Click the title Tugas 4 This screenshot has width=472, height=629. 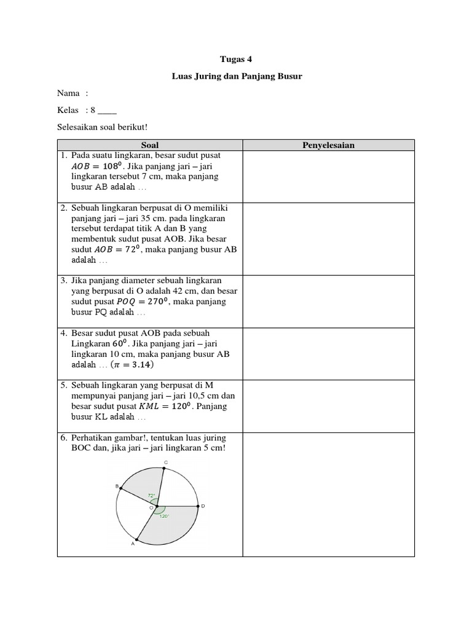(x=236, y=60)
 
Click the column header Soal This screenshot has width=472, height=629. (x=150, y=146)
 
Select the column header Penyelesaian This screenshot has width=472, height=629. (x=328, y=146)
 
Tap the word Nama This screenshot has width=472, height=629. (x=68, y=93)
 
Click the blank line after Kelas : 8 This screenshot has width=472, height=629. (x=107, y=111)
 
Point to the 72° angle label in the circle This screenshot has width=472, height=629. (x=151, y=495)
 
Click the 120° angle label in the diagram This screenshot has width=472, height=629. (x=164, y=517)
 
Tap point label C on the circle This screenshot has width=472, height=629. (x=165, y=462)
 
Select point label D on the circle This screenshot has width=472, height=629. (x=203, y=506)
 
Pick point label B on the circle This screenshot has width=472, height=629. (x=116, y=486)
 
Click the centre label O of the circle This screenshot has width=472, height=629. (x=151, y=508)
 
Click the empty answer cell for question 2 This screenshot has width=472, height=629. (x=328, y=239)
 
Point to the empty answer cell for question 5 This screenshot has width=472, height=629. (x=328, y=406)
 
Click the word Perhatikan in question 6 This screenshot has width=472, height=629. (x=93, y=438)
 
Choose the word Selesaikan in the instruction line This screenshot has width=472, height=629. (x=78, y=127)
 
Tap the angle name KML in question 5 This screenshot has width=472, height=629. (x=149, y=407)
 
